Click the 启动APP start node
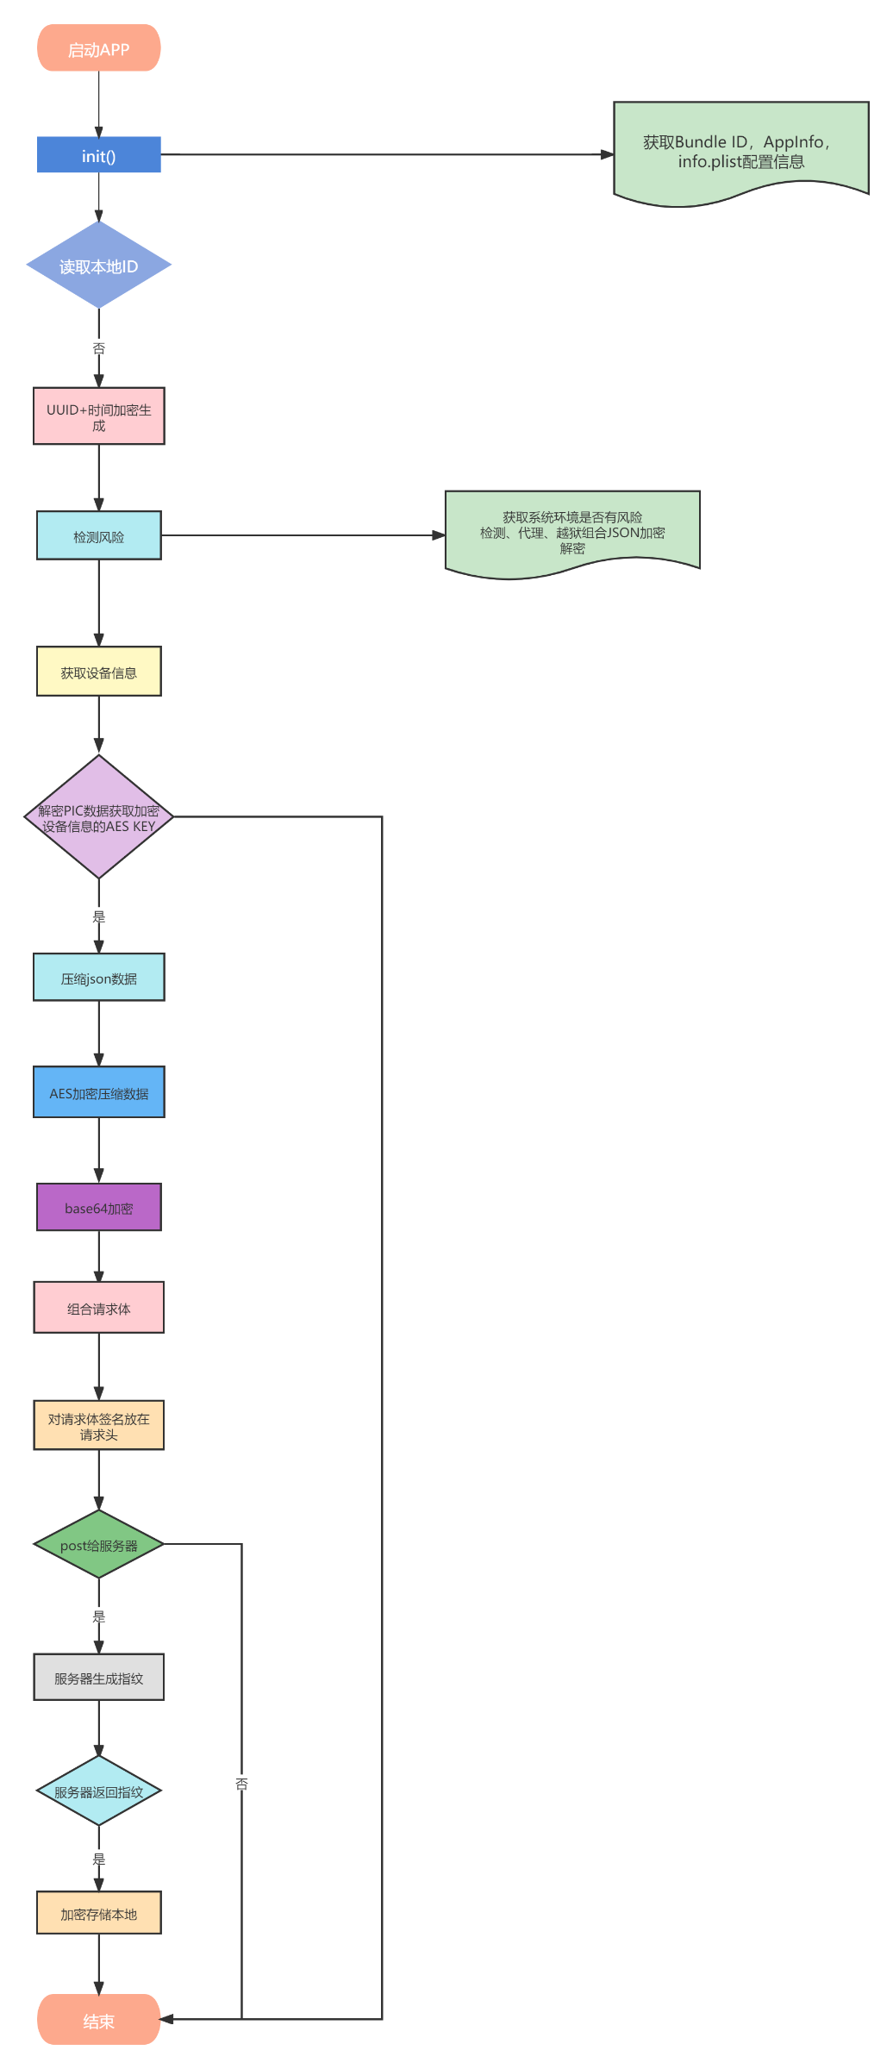click(99, 48)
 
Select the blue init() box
click(99, 155)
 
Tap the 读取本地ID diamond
click(99, 265)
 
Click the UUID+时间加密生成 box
click(99, 416)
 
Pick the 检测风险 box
click(99, 535)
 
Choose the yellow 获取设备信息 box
click(99, 672)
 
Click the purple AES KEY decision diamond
click(99, 817)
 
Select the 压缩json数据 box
click(99, 978)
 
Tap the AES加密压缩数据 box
click(99, 1092)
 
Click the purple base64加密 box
click(99, 1207)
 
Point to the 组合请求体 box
click(99, 1308)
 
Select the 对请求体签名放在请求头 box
click(99, 1426)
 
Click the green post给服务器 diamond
click(99, 1545)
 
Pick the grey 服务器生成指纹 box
click(99, 1678)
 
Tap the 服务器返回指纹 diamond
click(99, 1791)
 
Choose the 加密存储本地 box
click(99, 1913)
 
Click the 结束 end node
click(99, 2020)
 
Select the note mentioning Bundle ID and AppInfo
click(741, 153)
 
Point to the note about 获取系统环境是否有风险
click(572, 534)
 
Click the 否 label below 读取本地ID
click(99, 348)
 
